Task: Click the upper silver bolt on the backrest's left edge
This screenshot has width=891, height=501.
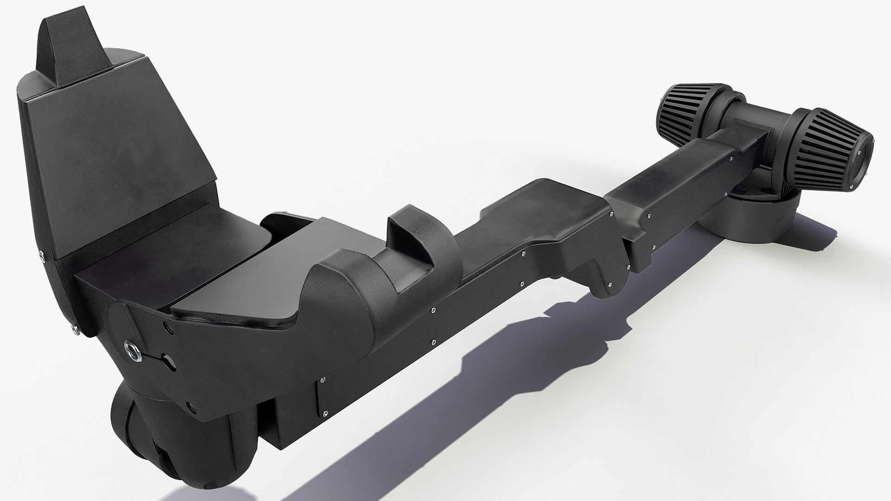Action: tap(42, 253)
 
